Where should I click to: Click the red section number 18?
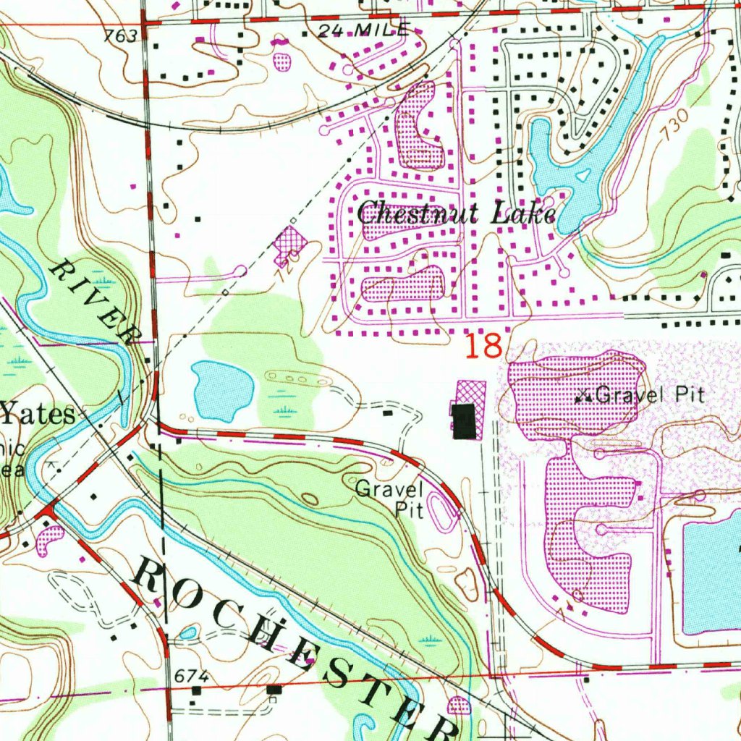click(483, 347)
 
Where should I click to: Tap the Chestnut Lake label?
click(456, 214)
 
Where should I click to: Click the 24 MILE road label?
click(365, 30)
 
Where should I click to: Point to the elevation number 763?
click(120, 36)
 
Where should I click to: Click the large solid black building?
click(464, 420)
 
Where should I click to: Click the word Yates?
click(38, 415)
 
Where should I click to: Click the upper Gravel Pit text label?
click(649, 396)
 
